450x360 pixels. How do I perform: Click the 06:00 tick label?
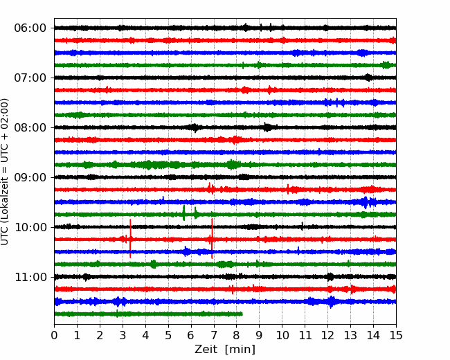pos(30,28)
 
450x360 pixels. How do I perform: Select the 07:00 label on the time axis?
pos(30,78)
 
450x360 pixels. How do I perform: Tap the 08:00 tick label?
pos(30,128)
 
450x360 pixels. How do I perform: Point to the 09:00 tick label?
pos(30,177)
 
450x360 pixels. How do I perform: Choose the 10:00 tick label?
pos(30,227)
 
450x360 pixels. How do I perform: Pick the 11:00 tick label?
pos(30,278)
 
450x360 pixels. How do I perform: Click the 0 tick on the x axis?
pos(54,335)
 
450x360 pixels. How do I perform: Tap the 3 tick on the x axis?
pos(123,335)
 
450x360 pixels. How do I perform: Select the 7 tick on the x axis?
pos(214,335)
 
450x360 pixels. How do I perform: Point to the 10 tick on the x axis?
pos(282,335)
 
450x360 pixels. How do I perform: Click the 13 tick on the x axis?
pos(350,335)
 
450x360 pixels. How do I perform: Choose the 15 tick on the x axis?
pos(396,335)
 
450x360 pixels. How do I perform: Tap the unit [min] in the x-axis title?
pos(240,350)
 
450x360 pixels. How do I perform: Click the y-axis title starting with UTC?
pos(5,172)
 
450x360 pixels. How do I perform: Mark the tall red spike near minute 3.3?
pos(130,239)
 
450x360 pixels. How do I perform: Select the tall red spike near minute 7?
pos(212,239)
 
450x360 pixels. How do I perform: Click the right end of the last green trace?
pos(242,314)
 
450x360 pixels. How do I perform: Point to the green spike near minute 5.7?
pos(183,213)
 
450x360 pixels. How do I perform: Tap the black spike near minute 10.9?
pos(303,226)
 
